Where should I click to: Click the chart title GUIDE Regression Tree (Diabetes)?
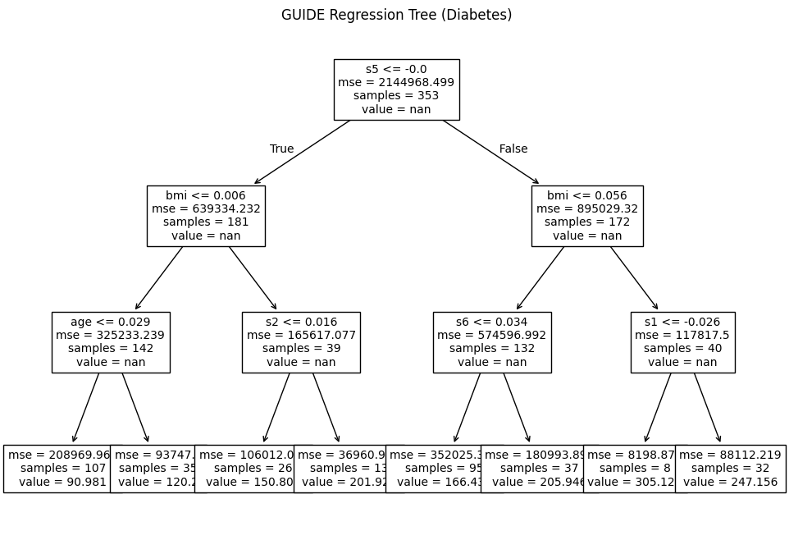396,15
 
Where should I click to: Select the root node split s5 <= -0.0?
396,89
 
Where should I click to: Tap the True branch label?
281,149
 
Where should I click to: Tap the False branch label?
513,149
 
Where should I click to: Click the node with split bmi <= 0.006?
206,216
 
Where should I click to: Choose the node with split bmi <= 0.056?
587,216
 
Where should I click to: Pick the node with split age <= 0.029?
111,342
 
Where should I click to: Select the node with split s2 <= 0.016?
301,342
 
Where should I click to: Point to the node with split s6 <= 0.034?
492,342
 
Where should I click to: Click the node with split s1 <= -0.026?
682,342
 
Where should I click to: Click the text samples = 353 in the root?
396,95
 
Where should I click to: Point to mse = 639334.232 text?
206,209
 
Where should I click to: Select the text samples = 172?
587,222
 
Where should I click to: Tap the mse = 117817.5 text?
682,335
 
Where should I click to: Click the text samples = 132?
492,348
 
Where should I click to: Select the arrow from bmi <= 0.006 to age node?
159,278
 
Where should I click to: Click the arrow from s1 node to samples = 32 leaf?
707,408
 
